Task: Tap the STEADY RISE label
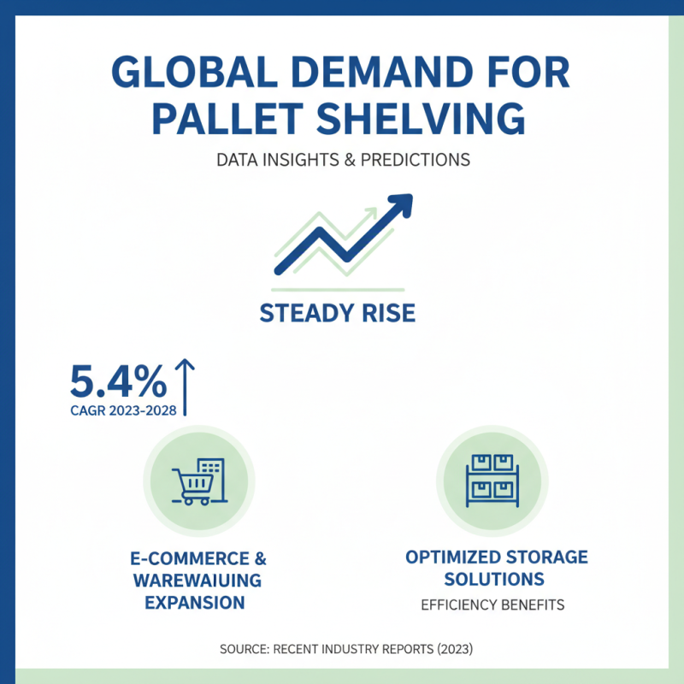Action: coord(337,313)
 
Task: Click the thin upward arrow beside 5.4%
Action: coord(185,386)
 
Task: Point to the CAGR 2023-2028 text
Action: coord(123,410)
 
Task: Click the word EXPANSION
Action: coord(195,603)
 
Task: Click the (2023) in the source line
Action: coord(444,649)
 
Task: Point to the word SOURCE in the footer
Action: coord(244,649)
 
